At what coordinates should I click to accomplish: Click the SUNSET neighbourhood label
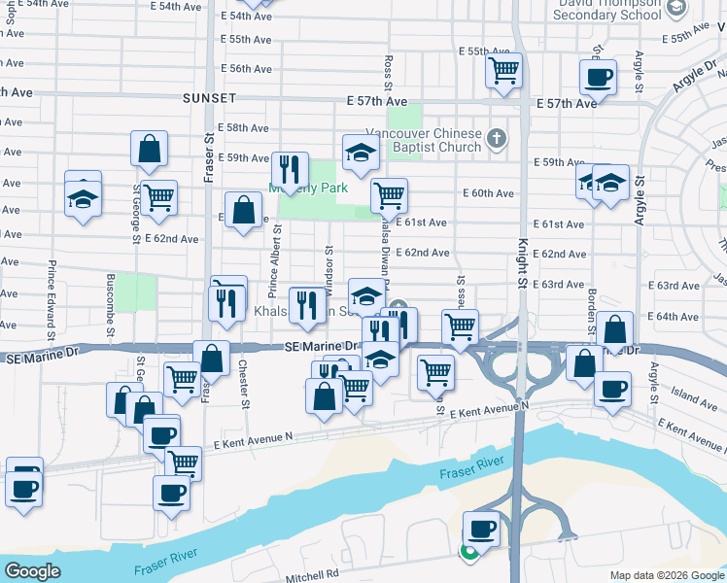coord(209,99)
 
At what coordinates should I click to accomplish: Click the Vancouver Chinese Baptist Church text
coord(423,140)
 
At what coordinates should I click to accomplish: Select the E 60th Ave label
coord(490,193)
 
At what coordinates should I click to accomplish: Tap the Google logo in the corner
coord(32,571)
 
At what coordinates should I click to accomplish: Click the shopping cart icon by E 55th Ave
coord(504,69)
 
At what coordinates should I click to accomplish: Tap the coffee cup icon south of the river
coord(481,529)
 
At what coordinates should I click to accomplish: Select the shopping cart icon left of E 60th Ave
coord(389,194)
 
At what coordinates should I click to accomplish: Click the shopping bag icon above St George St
coord(150,149)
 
